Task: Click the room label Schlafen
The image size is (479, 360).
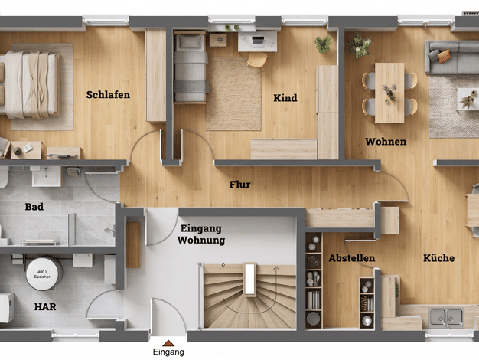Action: click(108, 94)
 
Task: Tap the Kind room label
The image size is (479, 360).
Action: click(285, 98)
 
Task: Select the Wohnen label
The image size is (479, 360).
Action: click(386, 141)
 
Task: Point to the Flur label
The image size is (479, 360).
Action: click(239, 185)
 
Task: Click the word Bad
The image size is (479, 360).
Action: click(34, 207)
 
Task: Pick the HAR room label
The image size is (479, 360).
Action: click(45, 307)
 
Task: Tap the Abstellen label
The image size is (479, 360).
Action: click(352, 258)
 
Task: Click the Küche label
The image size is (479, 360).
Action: click(438, 258)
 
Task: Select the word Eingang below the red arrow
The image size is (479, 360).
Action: click(168, 352)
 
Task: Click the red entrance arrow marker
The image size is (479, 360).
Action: click(168, 343)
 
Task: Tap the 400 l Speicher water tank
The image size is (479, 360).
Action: click(44, 273)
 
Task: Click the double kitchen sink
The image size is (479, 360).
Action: click(446, 318)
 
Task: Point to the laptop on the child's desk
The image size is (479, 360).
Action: click(258, 41)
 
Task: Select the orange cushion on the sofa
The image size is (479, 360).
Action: click(444, 56)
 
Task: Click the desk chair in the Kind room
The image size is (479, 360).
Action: click(257, 61)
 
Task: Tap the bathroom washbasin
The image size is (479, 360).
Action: click(47, 176)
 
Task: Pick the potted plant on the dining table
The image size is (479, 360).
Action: click(389, 93)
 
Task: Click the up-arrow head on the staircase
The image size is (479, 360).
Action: click(276, 269)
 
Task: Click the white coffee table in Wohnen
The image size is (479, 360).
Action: click(468, 99)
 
